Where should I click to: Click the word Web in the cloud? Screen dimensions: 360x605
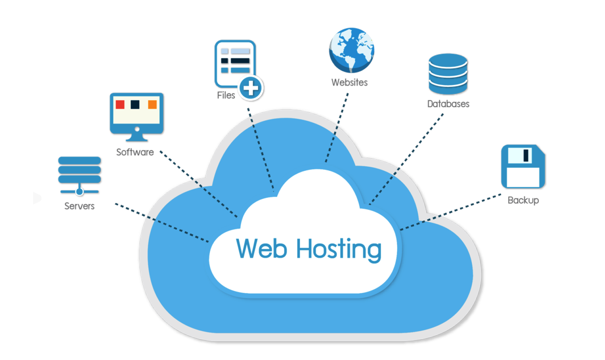click(262, 248)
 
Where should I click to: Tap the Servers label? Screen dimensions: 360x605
click(79, 206)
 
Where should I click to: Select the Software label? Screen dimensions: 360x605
click(135, 152)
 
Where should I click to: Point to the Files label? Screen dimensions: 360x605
click(226, 95)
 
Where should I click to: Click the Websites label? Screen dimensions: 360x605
click(350, 83)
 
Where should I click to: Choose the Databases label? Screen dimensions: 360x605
click(448, 104)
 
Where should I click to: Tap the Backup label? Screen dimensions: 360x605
click(523, 200)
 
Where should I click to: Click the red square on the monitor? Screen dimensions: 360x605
click(120, 104)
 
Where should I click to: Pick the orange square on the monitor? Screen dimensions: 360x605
click(152, 104)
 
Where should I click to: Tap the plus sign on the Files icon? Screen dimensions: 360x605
click(251, 88)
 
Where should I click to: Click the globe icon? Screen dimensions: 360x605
click(352, 50)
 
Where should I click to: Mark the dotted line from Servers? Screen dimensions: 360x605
click(164, 223)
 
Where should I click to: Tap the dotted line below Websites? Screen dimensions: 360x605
click(335, 131)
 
